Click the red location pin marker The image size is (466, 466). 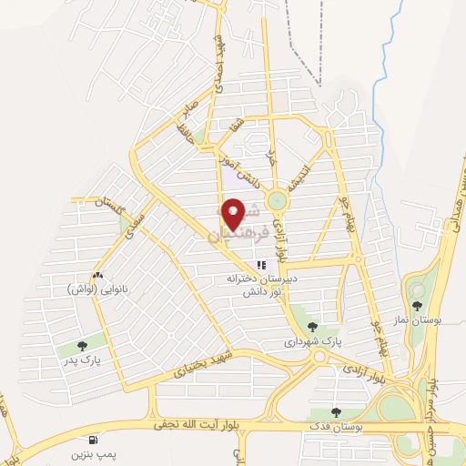235,213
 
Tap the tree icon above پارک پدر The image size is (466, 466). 83,345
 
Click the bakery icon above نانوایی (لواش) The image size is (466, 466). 97,275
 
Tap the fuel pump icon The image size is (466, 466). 94,436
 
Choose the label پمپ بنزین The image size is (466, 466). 94,451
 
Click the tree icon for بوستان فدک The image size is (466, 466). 337,411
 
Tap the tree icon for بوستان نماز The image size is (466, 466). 418,306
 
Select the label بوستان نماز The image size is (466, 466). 418,321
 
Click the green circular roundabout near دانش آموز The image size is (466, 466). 278,201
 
